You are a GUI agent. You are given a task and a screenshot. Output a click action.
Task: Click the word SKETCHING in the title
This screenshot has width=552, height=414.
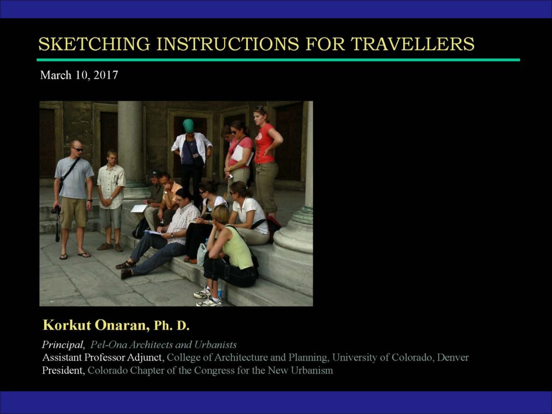[x=94, y=44]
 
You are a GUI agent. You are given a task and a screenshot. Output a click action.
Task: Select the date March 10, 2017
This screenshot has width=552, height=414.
[x=79, y=75]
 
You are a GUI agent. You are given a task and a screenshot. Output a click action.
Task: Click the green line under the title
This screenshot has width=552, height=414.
[x=278, y=60]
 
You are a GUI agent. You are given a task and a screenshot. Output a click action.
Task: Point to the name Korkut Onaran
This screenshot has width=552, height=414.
[x=94, y=325]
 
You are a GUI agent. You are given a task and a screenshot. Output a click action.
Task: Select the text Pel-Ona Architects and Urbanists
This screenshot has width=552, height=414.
[x=163, y=344]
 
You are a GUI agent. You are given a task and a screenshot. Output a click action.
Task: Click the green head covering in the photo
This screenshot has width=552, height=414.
[x=189, y=126]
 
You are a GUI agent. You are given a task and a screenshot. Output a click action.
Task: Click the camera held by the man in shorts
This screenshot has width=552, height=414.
[x=56, y=210]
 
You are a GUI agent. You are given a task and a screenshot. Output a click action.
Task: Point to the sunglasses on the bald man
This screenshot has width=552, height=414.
[x=78, y=150]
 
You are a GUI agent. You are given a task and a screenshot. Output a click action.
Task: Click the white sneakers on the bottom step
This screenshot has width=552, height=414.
[x=208, y=298]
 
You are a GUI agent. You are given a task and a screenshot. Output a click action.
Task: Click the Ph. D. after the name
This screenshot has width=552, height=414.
[x=172, y=326]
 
